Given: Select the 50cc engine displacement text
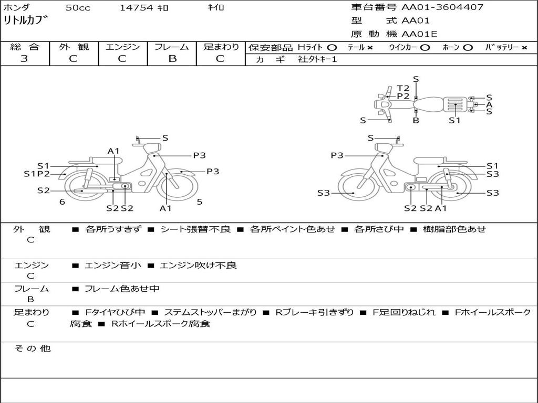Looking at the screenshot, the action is tap(78, 8).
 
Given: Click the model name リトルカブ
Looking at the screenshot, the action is tap(26, 21).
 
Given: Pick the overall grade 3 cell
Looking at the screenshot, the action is tap(24, 59).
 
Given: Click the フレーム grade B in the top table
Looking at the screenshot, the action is tap(172, 59).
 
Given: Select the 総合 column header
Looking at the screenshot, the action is tap(25, 47).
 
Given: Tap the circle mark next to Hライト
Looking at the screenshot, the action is tap(332, 48).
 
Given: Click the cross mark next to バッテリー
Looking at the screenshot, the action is tap(524, 48).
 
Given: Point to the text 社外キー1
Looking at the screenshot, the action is tap(317, 59).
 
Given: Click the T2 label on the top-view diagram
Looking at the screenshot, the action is tap(403, 88).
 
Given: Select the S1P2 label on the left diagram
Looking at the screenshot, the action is tap(37, 174).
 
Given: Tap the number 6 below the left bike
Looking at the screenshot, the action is tap(62, 201).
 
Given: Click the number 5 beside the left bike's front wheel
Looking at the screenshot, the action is tap(200, 201).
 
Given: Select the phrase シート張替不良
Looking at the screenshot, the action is tap(195, 229).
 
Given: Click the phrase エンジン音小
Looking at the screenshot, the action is tap(112, 266).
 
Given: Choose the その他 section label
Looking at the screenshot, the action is tap(32, 348).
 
